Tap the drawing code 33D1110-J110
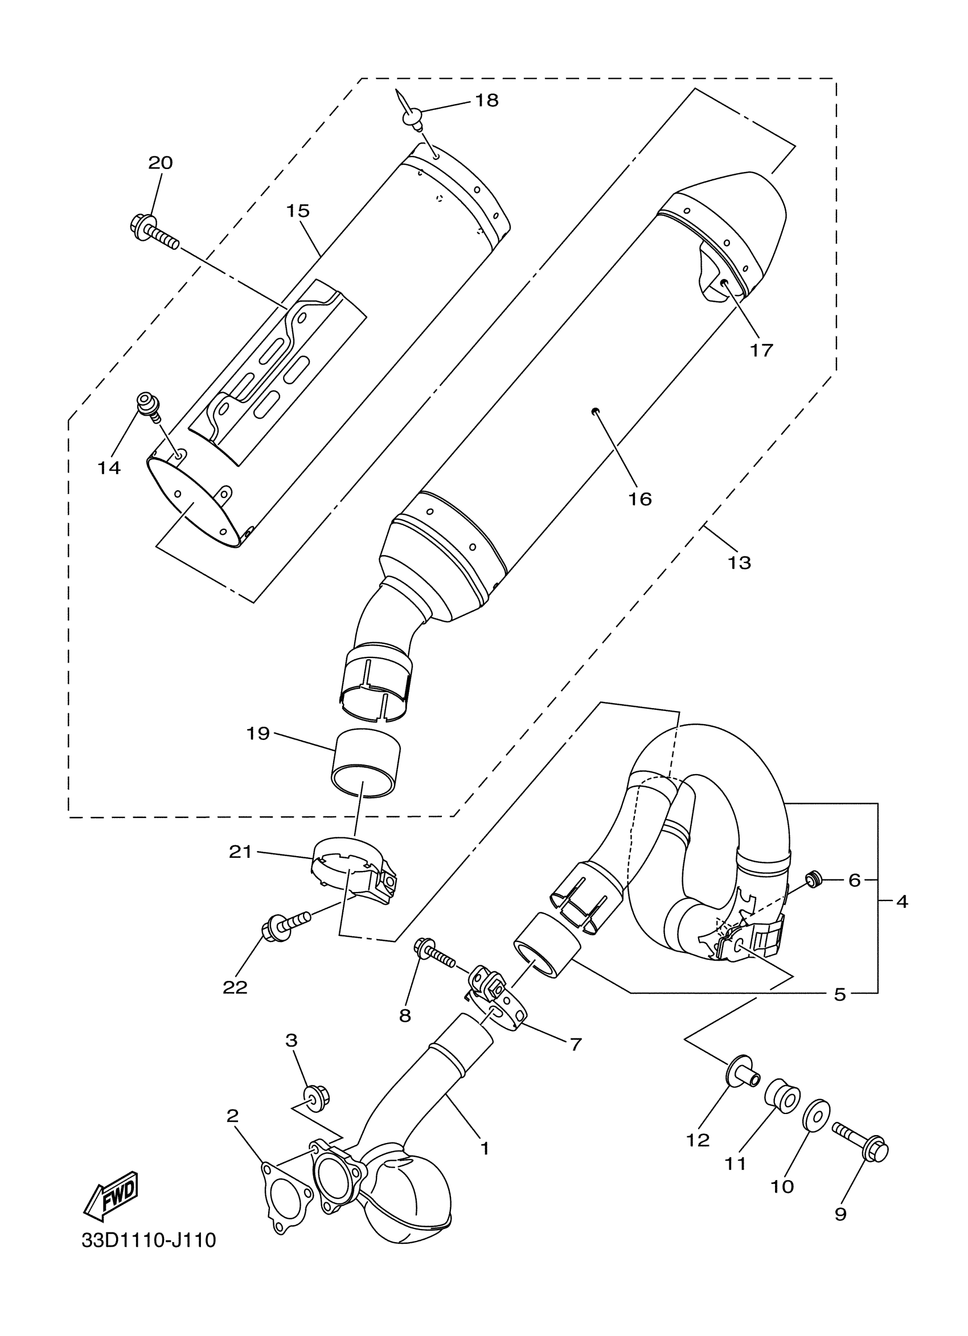(149, 1256)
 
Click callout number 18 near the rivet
(487, 101)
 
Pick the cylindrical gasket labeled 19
(366, 764)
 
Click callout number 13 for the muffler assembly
(740, 562)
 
